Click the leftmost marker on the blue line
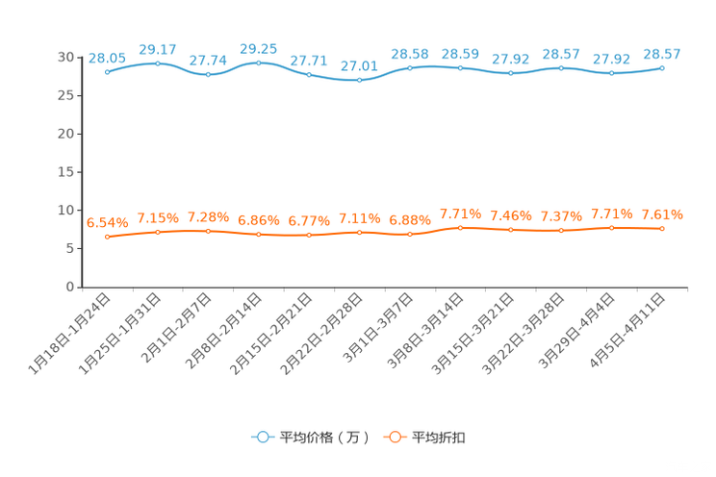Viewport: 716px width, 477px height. [107, 70]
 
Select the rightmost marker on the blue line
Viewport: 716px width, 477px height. [662, 67]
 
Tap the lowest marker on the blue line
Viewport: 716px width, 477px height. [359, 80]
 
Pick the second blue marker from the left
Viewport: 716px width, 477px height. [158, 63]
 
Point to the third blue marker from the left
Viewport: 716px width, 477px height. [208, 74]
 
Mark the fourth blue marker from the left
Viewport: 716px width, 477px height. [258, 63]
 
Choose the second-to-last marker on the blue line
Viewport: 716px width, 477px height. [611, 73]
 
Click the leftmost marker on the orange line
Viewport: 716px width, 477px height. [107, 236]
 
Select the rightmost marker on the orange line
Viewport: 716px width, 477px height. [662, 228]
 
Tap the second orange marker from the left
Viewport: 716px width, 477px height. [158, 231]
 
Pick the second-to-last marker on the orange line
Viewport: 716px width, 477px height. [611, 227]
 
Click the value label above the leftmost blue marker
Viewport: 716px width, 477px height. [107, 57]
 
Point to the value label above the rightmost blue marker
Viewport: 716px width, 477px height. [662, 53]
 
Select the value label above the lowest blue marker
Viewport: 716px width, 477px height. [359, 65]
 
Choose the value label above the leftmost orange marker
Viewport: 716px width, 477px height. [107, 222]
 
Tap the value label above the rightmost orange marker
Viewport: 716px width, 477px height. [662, 213]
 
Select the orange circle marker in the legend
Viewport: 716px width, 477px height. [395, 437]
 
